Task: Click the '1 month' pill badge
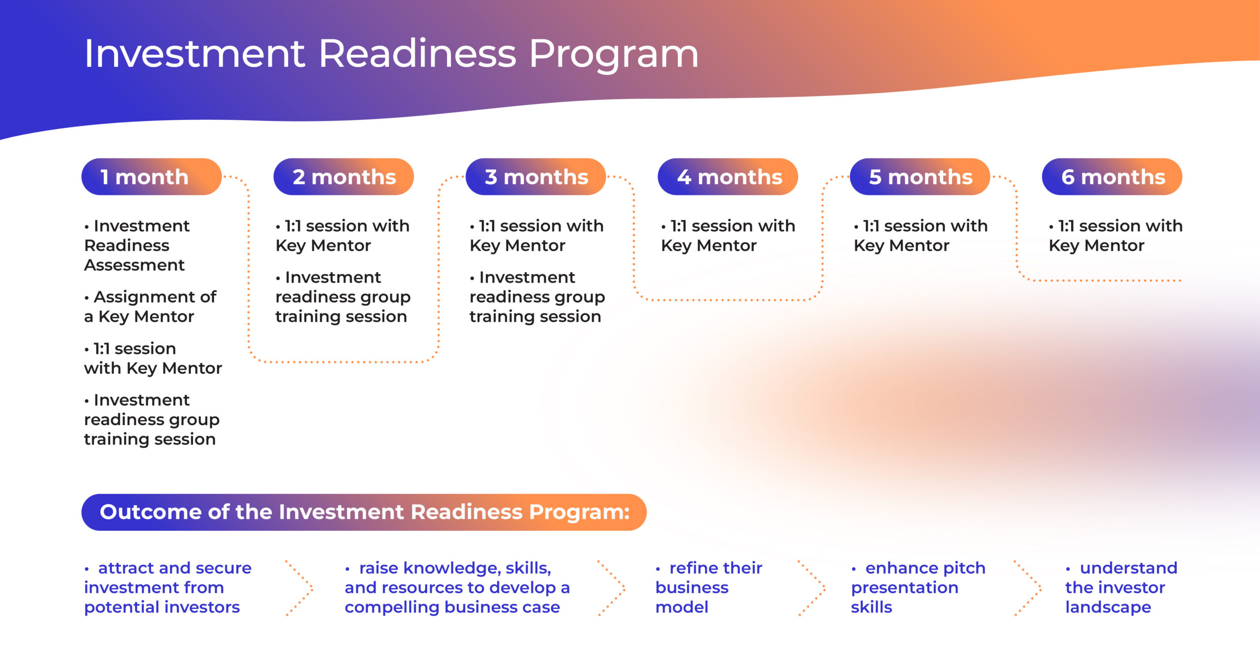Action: coord(152,177)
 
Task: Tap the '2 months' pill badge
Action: coord(344,177)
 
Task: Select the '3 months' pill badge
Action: coord(535,177)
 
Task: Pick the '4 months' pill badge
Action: coord(727,177)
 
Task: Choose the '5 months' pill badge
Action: coord(920,177)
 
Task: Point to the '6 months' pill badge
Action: coord(1112,177)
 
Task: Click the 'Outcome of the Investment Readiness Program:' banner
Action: coord(364,512)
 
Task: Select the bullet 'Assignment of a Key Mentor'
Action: coord(150,306)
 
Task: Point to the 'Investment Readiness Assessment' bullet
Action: coord(137,245)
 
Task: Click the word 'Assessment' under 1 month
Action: coord(134,265)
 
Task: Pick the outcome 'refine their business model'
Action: coord(709,587)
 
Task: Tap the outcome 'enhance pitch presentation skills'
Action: coord(918,587)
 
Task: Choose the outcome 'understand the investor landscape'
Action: coord(1121,587)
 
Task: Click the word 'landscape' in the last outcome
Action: coord(1108,607)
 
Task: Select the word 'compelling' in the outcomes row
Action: coord(392,607)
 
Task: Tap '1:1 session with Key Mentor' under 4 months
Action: coord(728,236)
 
